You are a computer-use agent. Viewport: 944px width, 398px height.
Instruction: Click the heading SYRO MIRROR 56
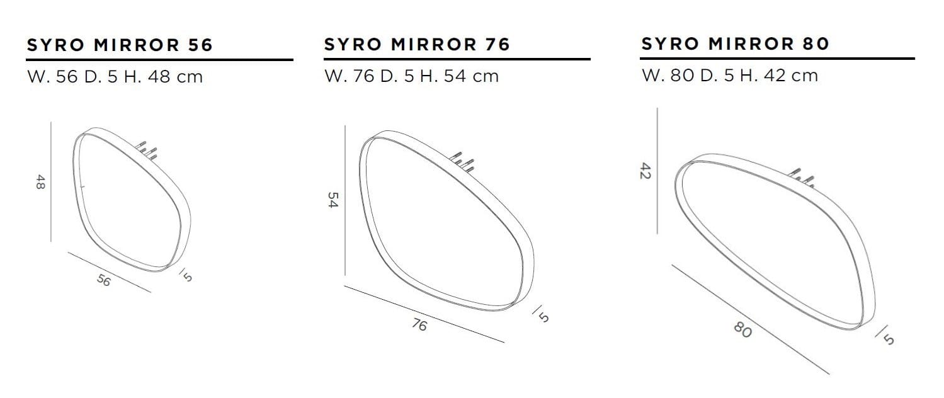click(x=120, y=45)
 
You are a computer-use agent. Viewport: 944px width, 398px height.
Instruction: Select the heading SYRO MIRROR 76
click(x=416, y=45)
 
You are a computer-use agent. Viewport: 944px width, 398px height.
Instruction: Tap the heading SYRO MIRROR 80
click(x=735, y=44)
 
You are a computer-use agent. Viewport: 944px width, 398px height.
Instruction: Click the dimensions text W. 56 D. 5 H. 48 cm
click(x=115, y=77)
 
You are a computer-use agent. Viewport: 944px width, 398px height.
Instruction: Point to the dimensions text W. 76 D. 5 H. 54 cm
click(x=411, y=76)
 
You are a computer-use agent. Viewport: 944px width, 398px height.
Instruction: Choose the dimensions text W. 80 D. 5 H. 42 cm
click(x=729, y=76)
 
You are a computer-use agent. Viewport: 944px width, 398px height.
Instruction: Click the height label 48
click(x=40, y=183)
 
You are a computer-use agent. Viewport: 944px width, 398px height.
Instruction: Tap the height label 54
click(x=334, y=200)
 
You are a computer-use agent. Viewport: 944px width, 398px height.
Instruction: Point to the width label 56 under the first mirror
click(x=104, y=281)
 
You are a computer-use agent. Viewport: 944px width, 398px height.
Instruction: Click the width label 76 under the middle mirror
click(x=419, y=325)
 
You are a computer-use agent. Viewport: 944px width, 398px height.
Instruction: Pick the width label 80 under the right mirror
click(x=743, y=329)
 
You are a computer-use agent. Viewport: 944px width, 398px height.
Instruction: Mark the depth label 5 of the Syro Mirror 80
click(x=888, y=338)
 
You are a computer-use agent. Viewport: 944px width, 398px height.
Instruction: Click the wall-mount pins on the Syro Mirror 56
click(x=147, y=149)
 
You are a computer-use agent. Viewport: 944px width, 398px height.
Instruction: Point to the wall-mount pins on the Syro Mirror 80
click(x=802, y=178)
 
